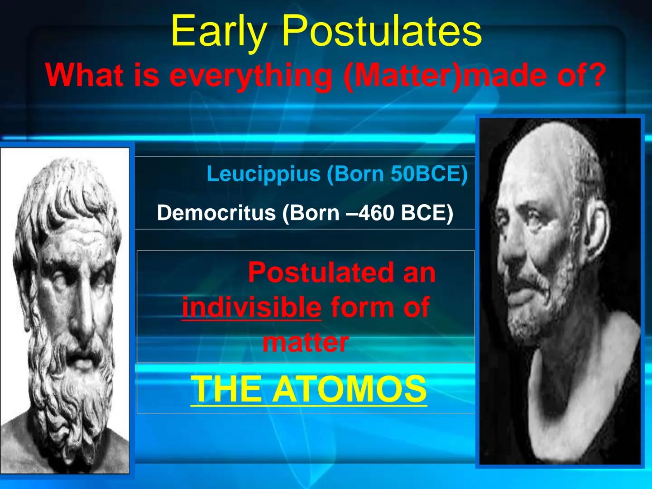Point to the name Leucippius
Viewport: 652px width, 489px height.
click(263, 174)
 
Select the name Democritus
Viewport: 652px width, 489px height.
click(216, 213)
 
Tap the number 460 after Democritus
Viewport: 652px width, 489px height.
click(369, 213)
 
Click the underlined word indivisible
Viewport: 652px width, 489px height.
click(251, 307)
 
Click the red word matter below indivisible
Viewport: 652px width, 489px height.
click(305, 342)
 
